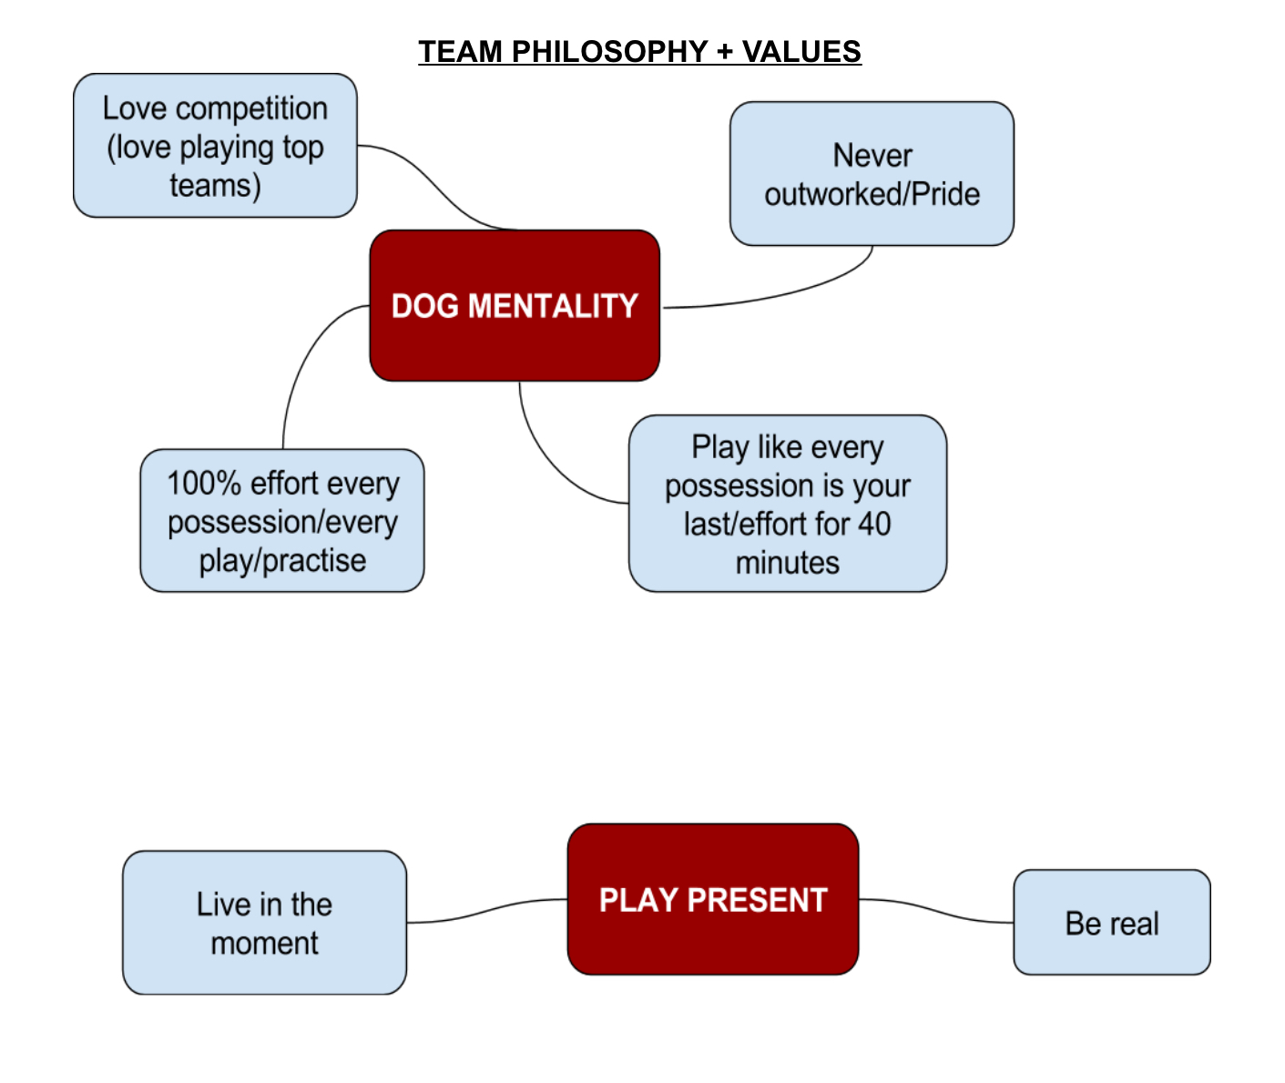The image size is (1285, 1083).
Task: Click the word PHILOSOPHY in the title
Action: click(609, 51)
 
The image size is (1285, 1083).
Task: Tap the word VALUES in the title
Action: click(801, 51)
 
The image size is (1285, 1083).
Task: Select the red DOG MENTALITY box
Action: click(515, 305)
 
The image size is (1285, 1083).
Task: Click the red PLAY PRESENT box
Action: click(713, 899)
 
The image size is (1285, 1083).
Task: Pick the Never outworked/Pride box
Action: click(872, 174)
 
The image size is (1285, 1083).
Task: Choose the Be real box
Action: click(1111, 922)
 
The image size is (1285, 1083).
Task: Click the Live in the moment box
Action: click(264, 923)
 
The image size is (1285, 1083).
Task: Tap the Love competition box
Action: click(215, 146)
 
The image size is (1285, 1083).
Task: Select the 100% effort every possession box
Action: click(282, 520)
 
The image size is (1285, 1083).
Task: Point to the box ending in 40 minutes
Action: click(787, 503)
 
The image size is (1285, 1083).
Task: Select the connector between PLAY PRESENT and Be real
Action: click(936, 911)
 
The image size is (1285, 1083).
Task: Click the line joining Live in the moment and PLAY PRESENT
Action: click(487, 911)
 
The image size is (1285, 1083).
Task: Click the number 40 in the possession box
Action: click(874, 524)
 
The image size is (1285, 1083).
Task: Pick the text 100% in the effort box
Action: click(203, 484)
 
